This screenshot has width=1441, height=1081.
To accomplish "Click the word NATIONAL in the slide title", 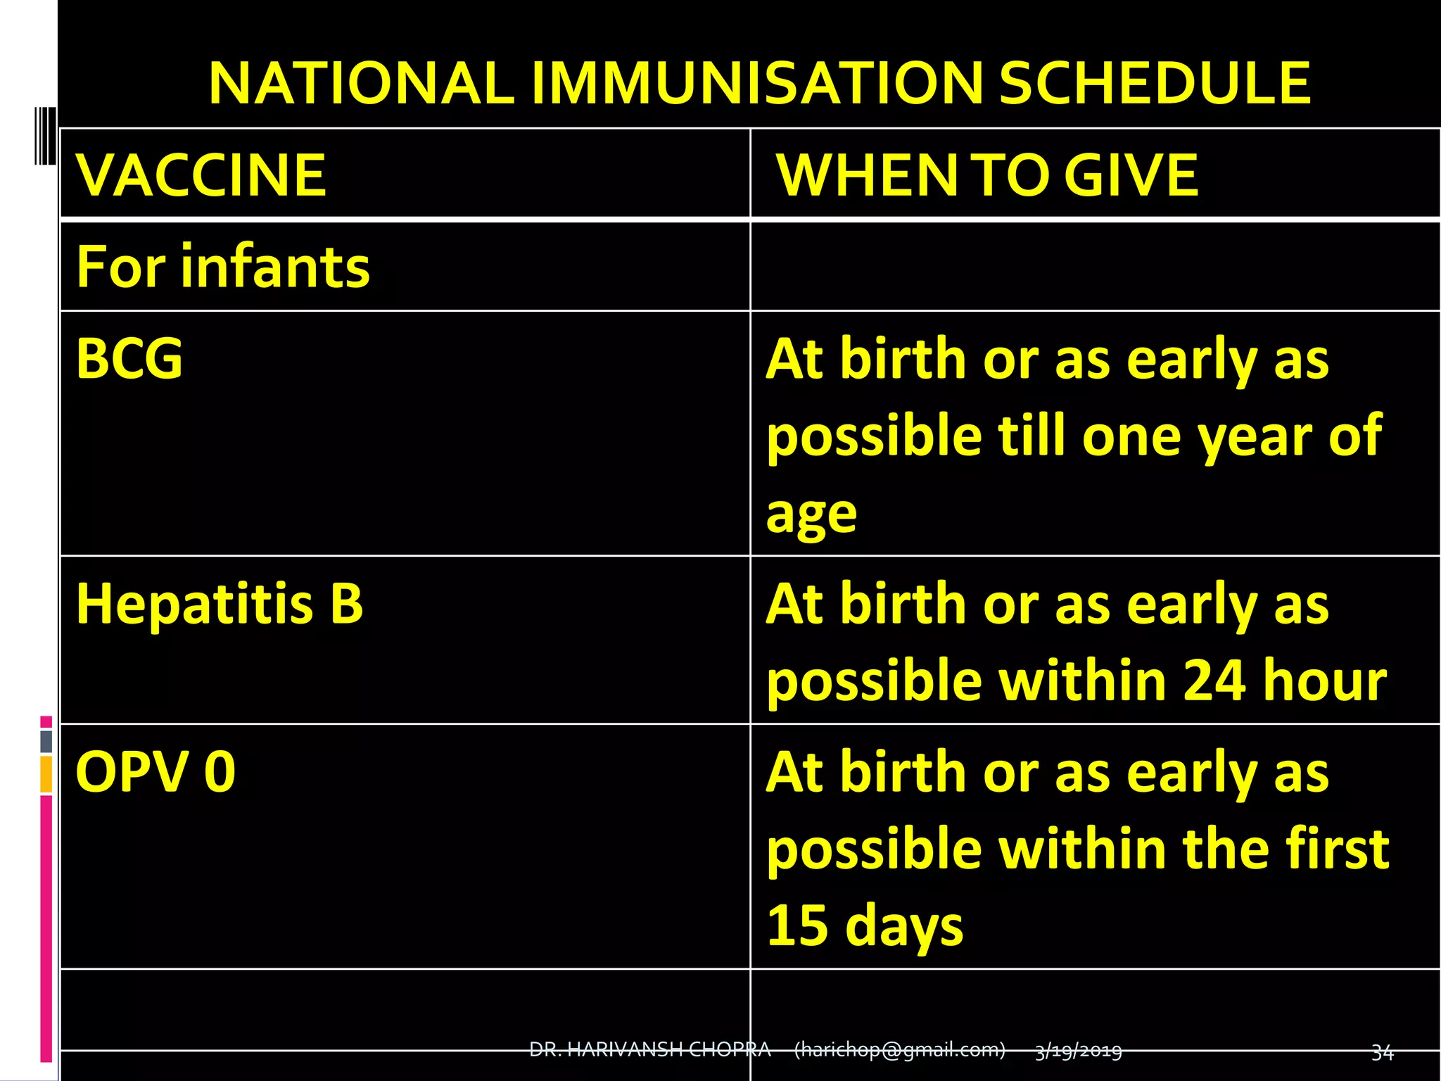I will [360, 83].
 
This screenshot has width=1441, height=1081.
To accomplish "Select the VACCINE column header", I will [201, 175].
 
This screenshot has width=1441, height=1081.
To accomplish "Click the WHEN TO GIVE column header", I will [986, 175].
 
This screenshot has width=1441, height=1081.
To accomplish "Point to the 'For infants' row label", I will [223, 267].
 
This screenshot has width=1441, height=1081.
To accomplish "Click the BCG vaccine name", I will [129, 359].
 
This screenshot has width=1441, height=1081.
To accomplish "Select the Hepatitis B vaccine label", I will [220, 604].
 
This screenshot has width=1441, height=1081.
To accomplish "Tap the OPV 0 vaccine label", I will [155, 772].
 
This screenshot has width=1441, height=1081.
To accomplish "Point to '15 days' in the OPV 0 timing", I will [865, 925].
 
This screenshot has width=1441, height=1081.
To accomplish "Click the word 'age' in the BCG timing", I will [811, 514].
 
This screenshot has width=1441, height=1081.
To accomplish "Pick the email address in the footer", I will [899, 1050].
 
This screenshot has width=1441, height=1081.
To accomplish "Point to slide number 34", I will [1382, 1052].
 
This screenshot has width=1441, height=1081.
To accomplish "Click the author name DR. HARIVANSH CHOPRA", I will [649, 1050].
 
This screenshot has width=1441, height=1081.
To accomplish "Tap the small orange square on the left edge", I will [46, 774].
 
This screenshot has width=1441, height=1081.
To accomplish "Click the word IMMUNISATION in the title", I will [756, 83].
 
